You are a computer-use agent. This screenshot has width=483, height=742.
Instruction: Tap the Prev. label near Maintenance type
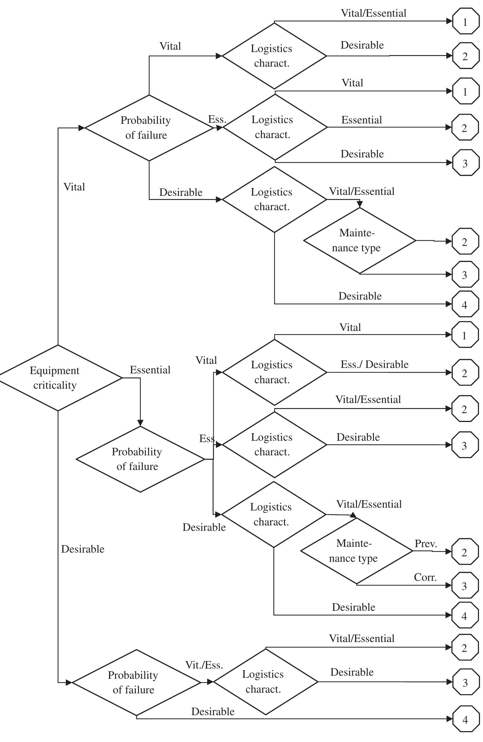[425, 544]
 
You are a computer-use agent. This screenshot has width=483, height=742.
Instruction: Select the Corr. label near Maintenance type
[425, 577]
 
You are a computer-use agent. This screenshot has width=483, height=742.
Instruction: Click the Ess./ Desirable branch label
[374, 365]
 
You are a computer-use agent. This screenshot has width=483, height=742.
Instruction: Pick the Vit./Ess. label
[204, 665]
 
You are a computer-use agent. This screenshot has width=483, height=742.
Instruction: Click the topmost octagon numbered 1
[465, 22]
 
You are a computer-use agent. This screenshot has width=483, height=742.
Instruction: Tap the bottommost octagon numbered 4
[465, 720]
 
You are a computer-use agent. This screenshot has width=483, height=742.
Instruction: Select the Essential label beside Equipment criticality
[150, 370]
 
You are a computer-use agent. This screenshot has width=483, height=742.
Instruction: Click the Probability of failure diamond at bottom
[136, 682]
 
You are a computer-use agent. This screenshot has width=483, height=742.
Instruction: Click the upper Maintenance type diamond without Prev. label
[359, 241]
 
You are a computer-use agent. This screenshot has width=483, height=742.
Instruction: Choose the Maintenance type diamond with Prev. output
[356, 551]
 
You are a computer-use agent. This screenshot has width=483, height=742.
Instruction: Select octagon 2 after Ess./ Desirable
[464, 373]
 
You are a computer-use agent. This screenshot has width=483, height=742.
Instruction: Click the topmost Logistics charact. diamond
[274, 56]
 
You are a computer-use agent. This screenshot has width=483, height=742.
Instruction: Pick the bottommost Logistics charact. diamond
[266, 682]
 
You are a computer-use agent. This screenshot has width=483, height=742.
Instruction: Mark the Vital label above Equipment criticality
[74, 187]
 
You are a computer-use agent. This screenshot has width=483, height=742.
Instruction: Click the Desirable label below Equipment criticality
[83, 549]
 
